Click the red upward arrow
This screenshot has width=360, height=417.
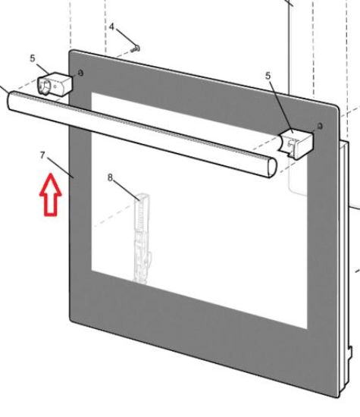[x=51, y=196]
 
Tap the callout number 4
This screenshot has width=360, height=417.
[x=111, y=27]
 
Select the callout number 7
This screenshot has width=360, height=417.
[x=42, y=155]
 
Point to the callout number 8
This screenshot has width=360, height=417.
[x=111, y=177]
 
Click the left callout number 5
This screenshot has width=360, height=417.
[x=33, y=58]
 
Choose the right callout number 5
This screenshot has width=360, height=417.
[x=268, y=76]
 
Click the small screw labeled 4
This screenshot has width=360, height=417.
[x=136, y=49]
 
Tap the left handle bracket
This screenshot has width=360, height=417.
[x=55, y=84]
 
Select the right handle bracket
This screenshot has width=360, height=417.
[x=296, y=143]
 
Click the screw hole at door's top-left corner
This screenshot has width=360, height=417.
[x=80, y=73]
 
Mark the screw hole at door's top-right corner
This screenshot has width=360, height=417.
[x=321, y=126]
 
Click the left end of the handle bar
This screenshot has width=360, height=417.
[x=10, y=100]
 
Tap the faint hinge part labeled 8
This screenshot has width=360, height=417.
[x=142, y=238]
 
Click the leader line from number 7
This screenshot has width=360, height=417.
[x=61, y=168]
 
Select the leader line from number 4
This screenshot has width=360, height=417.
[x=126, y=38]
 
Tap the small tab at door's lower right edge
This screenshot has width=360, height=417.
[x=350, y=352]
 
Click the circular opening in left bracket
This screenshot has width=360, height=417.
[x=45, y=87]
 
